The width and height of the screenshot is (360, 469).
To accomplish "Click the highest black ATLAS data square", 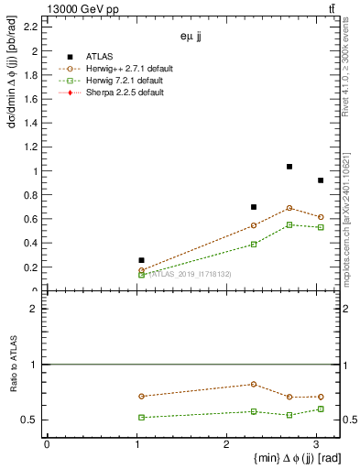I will point(289,167).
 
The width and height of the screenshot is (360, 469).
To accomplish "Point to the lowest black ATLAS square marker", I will point(141,260).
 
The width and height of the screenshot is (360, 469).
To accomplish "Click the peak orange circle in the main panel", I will point(289,208).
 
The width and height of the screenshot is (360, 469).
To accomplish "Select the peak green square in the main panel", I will point(289,224).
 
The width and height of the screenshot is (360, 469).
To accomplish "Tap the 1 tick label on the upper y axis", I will point(35,171).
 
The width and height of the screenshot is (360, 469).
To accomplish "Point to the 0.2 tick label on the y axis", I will point(30,267).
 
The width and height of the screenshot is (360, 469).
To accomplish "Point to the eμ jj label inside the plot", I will point(192,38).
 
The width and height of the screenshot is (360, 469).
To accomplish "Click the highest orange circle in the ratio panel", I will point(254,384).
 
